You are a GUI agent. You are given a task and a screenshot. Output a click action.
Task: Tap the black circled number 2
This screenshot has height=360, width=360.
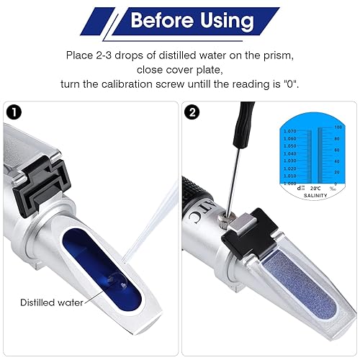(191, 112)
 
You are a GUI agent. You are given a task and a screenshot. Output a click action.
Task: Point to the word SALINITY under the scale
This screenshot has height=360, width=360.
(315, 194)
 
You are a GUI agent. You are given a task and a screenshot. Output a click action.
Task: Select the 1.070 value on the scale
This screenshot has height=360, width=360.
(289, 131)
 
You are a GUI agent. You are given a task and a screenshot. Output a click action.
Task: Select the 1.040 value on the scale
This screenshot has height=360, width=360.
(289, 153)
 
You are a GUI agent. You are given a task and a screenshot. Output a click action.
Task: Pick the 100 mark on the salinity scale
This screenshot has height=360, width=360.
(336, 127)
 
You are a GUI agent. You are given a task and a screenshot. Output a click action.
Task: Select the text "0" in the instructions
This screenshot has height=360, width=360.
(288, 84)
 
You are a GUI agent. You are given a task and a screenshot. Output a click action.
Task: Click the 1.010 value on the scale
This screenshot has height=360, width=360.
(289, 176)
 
